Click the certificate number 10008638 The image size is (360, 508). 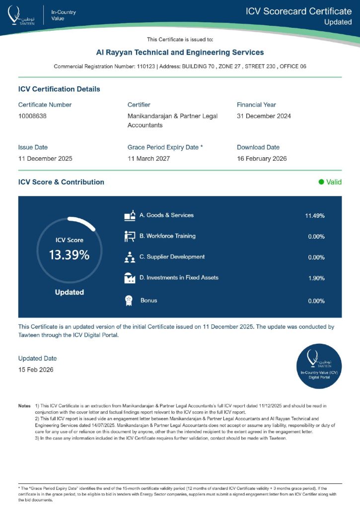(x=33, y=116)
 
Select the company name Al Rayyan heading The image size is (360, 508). (x=180, y=52)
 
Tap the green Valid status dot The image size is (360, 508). (x=321, y=182)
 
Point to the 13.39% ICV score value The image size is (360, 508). (x=69, y=255)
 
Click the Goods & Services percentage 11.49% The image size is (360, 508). (x=314, y=216)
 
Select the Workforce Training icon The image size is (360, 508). (x=130, y=237)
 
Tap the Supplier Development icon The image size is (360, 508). (x=130, y=257)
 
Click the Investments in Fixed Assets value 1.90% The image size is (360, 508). (x=316, y=278)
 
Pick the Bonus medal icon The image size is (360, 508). (x=128, y=301)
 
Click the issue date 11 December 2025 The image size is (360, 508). (x=45, y=159)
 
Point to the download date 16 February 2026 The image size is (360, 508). (x=262, y=159)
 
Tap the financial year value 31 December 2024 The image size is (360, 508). (x=264, y=116)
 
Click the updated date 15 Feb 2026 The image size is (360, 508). (x=36, y=370)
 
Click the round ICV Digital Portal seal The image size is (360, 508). (x=319, y=366)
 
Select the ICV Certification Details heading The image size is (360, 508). (x=59, y=89)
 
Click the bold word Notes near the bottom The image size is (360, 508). (x=24, y=406)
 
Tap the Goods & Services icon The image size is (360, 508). (x=130, y=216)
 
